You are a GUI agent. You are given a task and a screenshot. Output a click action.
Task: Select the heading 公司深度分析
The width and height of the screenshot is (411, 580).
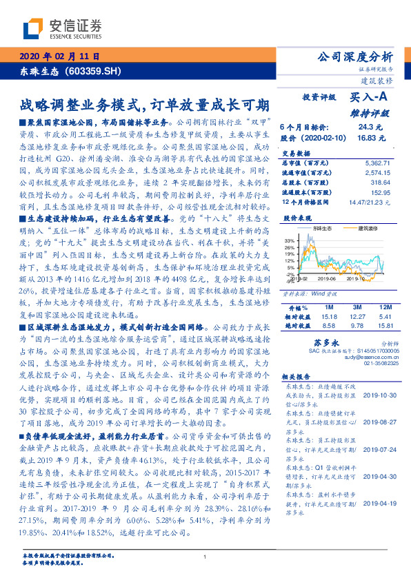pyautogui.click(x=354, y=56)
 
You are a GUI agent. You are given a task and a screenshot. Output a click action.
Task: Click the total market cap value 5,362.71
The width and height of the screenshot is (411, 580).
pyautogui.click(x=378, y=163)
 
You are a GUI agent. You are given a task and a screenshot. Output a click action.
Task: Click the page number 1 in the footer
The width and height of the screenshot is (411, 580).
pyautogui.click(x=205, y=556)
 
